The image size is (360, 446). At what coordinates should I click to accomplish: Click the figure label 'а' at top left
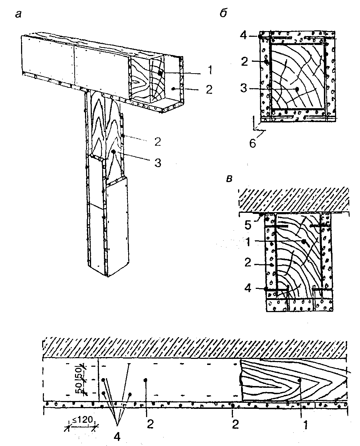pyautogui.click(x=19, y=15)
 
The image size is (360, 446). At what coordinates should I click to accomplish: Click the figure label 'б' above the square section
pyautogui.click(x=224, y=13)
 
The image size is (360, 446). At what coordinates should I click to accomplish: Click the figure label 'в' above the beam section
pyautogui.click(x=230, y=179)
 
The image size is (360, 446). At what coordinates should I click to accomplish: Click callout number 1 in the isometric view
pyautogui.click(x=210, y=70)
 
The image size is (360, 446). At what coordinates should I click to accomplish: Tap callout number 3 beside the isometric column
pyautogui.click(x=158, y=163)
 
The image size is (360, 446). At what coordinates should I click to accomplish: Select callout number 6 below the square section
pyautogui.click(x=253, y=144)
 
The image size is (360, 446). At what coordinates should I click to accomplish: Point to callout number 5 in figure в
pyautogui.click(x=248, y=225)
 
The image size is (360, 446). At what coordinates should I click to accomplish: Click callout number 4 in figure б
pyautogui.click(x=243, y=36)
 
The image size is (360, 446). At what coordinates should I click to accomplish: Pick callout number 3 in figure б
pyautogui.click(x=244, y=88)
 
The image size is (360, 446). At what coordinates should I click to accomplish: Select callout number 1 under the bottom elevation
pyautogui.click(x=306, y=425)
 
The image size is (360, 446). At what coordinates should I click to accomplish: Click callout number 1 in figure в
pyautogui.click(x=248, y=242)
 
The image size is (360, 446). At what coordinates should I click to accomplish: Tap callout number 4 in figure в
pyautogui.click(x=248, y=288)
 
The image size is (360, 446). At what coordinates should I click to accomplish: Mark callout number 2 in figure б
pyautogui.click(x=245, y=61)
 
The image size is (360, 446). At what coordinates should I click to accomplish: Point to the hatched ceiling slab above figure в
pyautogui.click(x=294, y=200)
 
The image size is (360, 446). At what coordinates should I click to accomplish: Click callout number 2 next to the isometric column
pyautogui.click(x=158, y=142)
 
